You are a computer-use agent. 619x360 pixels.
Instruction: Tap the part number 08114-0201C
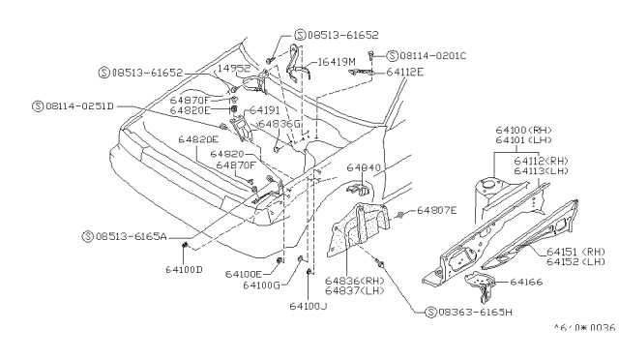(x=431, y=55)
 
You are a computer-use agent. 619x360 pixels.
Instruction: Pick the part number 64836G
(x=279, y=124)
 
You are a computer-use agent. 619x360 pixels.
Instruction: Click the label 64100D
(x=184, y=268)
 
